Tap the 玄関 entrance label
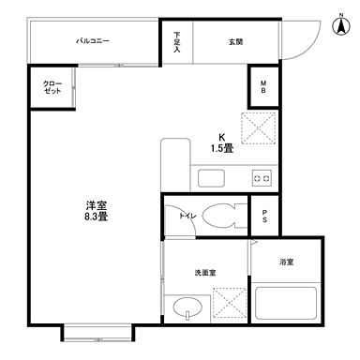[234, 40]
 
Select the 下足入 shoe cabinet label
[176, 41]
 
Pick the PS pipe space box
[263, 217]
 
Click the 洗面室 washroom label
[205, 273]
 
